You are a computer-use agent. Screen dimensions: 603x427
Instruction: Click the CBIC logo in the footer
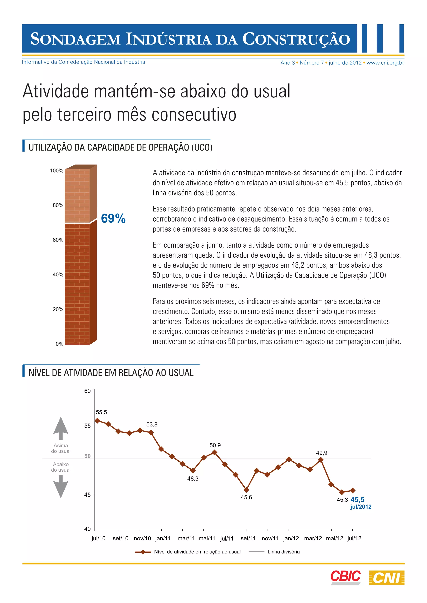pyautogui.click(x=345, y=577)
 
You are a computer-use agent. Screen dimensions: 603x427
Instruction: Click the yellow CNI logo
pyautogui.click(x=387, y=578)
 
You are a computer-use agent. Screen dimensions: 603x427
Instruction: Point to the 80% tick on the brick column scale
pyautogui.click(x=58, y=205)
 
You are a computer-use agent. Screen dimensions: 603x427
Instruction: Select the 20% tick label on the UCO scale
pyautogui.click(x=58, y=309)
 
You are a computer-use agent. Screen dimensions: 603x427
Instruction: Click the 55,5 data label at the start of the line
pyautogui.click(x=101, y=412)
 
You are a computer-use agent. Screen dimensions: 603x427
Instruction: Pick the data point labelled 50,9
pyautogui.click(x=215, y=452)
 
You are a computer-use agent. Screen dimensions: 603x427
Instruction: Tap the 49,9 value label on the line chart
pyautogui.click(x=322, y=453)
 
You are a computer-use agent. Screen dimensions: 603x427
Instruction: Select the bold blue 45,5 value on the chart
pyautogui.click(x=357, y=500)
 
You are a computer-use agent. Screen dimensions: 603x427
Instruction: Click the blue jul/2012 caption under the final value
pyautogui.click(x=361, y=507)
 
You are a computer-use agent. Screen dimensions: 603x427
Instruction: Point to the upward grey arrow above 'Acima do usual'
pyautogui.click(x=61, y=428)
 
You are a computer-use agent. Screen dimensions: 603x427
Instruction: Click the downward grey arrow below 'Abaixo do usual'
pyautogui.click(x=61, y=486)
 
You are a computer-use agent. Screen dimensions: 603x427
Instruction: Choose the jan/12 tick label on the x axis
pyautogui.click(x=291, y=538)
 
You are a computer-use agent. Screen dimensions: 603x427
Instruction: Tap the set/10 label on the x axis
pyautogui.click(x=121, y=538)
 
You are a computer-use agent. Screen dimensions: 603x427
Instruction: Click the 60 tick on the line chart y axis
pyautogui.click(x=87, y=391)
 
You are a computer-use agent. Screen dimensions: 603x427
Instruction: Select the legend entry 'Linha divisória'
pyautogui.click(x=283, y=552)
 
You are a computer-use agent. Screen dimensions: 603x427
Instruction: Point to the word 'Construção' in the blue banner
pyautogui.click(x=296, y=39)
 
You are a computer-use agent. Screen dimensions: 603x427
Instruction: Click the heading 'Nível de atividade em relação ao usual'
pyautogui.click(x=111, y=373)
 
